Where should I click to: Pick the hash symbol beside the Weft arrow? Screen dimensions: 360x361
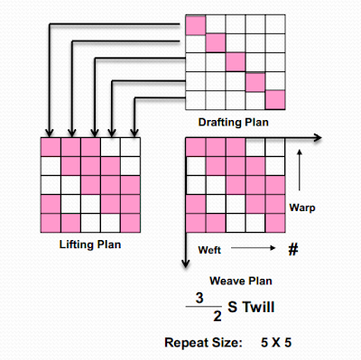tap(292, 247)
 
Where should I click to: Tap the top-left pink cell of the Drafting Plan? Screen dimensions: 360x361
tap(196, 24)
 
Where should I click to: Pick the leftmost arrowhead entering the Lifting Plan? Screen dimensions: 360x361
tap(50, 134)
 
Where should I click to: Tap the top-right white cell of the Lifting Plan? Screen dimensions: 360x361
tap(131, 145)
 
